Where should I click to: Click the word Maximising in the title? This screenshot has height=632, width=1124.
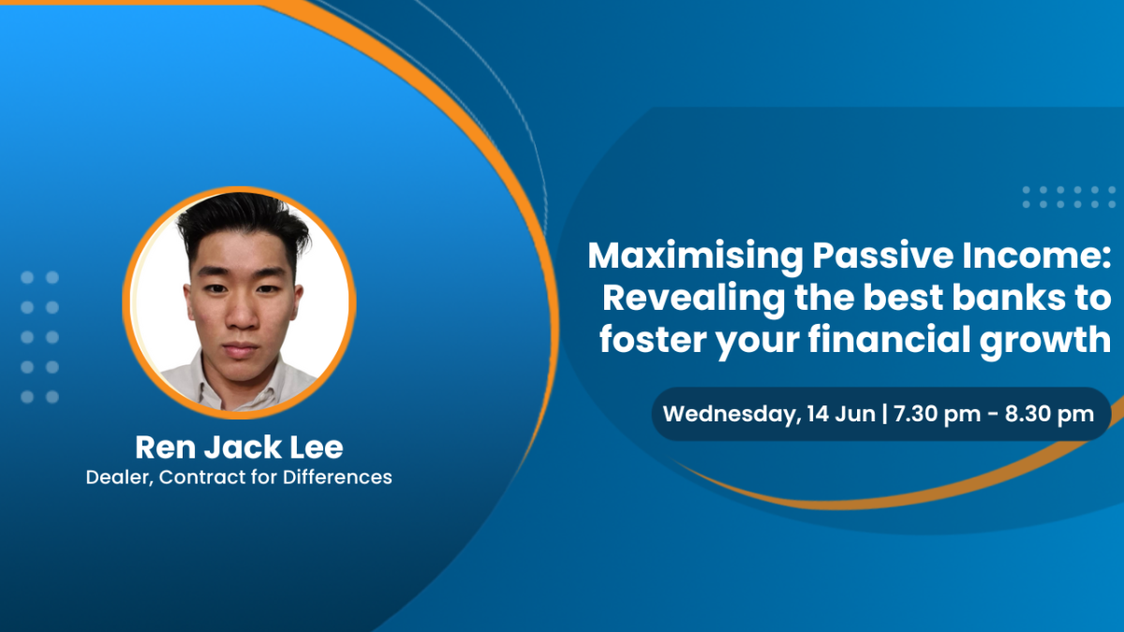point(696,257)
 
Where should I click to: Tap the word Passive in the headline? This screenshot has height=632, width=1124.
point(882,256)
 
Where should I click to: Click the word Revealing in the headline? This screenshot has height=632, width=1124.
point(693,300)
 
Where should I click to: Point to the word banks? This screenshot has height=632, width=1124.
point(1009,298)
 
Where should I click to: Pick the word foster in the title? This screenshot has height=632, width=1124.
point(652,340)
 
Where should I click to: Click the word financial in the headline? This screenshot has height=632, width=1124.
point(889,340)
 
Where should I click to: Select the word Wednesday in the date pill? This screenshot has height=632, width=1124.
point(729,415)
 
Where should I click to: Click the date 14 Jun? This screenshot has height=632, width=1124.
point(841,414)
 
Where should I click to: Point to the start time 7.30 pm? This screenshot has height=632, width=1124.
point(937,415)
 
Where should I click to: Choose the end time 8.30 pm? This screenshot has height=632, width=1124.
point(1049,415)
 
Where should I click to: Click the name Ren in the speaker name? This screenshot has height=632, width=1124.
point(166,448)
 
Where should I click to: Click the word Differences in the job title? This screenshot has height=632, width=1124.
point(337,477)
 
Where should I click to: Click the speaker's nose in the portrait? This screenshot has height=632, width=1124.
point(242,316)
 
